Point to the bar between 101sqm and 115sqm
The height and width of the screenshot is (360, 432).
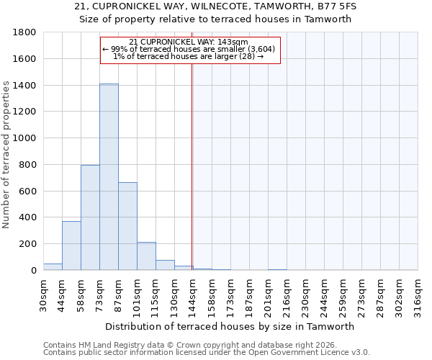click(146, 256)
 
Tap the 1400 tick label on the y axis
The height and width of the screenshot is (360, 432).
click(26, 86)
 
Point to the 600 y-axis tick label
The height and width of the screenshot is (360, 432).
click(28, 191)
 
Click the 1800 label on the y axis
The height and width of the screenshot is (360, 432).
click(26, 33)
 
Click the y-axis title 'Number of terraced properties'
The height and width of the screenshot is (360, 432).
click(6, 155)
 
